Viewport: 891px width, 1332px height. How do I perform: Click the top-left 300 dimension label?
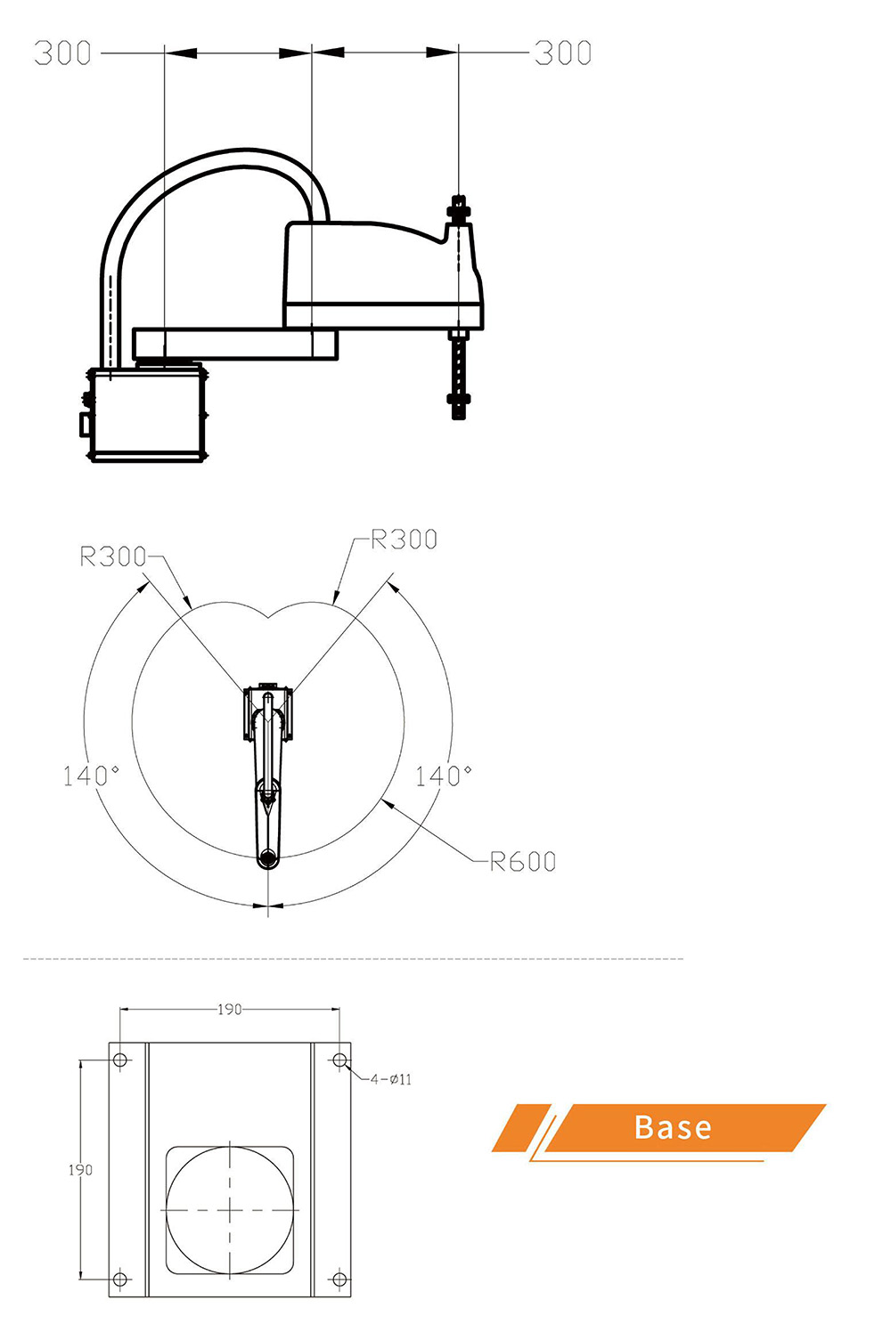(62, 53)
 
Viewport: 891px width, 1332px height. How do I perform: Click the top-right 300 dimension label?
(563, 53)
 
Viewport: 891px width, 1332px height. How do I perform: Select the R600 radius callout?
(523, 861)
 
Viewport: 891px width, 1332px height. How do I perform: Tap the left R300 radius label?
(112, 556)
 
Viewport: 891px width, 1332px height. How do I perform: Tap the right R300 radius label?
(404, 540)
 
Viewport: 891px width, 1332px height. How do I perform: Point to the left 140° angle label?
(91, 775)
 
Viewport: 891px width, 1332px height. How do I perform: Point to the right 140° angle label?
(443, 776)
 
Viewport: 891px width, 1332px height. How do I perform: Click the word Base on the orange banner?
(673, 1127)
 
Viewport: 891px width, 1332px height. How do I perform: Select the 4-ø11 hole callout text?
(391, 1079)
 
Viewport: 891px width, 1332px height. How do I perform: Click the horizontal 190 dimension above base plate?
(229, 1009)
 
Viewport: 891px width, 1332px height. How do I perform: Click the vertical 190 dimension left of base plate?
(80, 1169)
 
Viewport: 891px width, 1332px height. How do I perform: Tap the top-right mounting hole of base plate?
(339, 1060)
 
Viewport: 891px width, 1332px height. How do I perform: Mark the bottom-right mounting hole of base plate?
(339, 1279)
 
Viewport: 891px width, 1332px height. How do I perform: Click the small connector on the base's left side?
(84, 424)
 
